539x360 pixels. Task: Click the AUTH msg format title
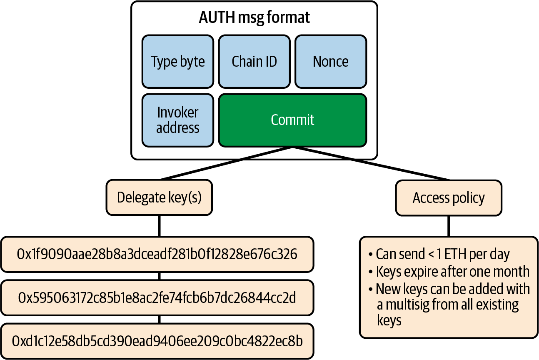point(254,17)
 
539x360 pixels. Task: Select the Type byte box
point(178,62)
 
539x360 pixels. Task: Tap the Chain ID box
point(254,62)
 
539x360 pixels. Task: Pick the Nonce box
point(331,62)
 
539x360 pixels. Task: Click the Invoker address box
point(178,120)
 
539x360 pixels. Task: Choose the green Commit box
point(292,120)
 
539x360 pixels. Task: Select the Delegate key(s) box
point(159,197)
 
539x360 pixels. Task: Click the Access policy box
point(449,198)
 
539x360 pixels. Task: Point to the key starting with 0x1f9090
point(157,254)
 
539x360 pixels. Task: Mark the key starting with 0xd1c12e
point(157,341)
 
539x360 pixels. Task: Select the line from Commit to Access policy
point(371,164)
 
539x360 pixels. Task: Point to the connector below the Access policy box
point(449,226)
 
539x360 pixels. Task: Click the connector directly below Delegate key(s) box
point(159,226)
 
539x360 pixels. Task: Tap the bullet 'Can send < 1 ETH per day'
point(442,254)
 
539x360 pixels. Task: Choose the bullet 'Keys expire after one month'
point(452,272)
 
